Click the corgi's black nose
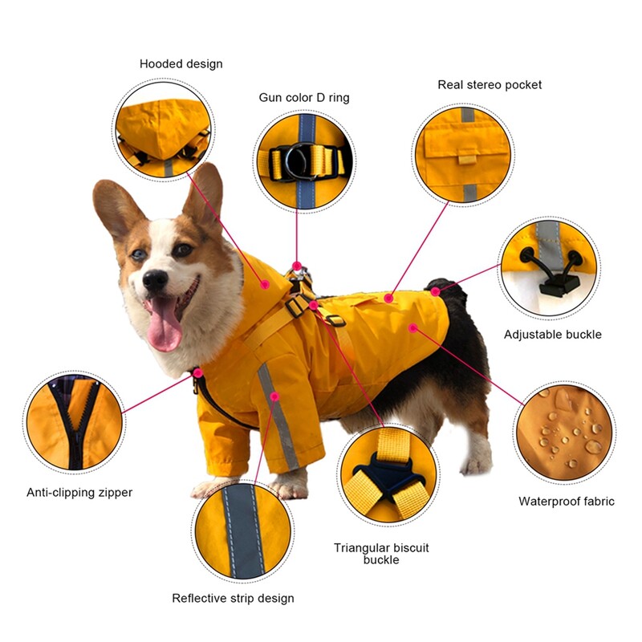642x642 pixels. (155, 280)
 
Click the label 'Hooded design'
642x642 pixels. (181, 64)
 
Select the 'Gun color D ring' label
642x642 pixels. (304, 97)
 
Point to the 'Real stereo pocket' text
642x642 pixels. (490, 85)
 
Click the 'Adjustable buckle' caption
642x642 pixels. (552, 335)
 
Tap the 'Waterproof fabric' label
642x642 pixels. (567, 501)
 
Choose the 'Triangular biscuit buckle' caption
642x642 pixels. (381, 554)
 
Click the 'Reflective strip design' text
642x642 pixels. (233, 598)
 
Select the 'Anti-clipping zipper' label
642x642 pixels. (79, 492)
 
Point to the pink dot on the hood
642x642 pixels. (266, 283)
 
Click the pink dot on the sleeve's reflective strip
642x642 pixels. (274, 396)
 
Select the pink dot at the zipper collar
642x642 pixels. (198, 373)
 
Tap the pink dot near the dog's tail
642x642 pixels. (435, 291)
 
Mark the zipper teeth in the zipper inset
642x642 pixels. (75, 426)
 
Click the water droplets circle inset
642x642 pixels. (564, 432)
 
